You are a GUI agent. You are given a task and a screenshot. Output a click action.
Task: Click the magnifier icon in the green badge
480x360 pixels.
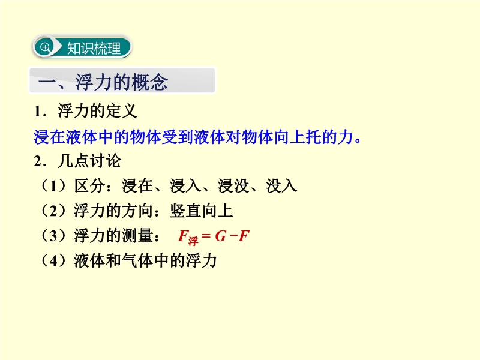click(x=45, y=47)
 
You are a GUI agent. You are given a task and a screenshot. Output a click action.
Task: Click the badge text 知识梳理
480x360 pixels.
click(x=94, y=49)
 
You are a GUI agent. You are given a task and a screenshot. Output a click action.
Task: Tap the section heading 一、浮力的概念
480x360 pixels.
click(x=103, y=82)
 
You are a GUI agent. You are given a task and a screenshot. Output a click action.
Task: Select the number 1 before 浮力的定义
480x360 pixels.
click(x=38, y=111)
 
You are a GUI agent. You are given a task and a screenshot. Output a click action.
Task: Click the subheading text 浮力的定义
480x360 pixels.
click(x=97, y=111)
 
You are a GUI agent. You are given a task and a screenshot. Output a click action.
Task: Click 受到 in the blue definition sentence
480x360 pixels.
click(x=178, y=137)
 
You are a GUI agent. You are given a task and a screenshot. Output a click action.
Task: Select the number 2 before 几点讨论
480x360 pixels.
click(x=38, y=161)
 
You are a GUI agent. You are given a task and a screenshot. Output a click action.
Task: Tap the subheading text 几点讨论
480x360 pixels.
click(x=89, y=161)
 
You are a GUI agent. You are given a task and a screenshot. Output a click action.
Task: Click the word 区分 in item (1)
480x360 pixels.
click(x=89, y=186)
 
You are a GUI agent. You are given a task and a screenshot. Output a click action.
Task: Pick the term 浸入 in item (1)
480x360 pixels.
click(x=185, y=186)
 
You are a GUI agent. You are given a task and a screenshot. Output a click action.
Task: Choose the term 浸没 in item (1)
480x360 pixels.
click(x=233, y=186)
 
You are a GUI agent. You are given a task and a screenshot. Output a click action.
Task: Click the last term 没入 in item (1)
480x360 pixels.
click(x=281, y=186)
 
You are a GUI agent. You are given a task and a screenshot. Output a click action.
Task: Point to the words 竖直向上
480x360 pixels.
click(x=202, y=211)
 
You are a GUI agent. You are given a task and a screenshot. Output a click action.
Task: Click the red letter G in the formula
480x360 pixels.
click(x=220, y=236)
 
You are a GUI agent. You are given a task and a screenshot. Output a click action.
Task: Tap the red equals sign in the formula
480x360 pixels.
click(x=206, y=236)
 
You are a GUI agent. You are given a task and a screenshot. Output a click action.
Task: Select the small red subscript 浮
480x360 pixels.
click(x=193, y=241)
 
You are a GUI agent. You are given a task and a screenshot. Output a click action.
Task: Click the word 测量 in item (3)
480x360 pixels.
click(x=137, y=236)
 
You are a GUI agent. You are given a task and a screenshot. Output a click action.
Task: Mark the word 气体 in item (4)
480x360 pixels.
click(x=137, y=261)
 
